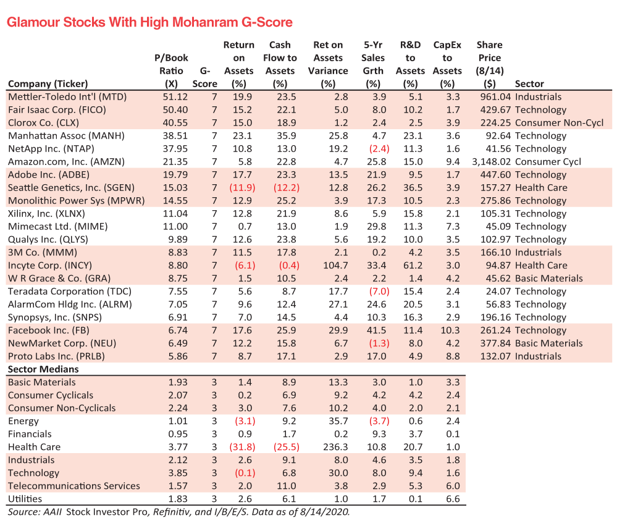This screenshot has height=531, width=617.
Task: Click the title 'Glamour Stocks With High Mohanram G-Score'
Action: click(149, 22)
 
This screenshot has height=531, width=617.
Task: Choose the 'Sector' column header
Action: click(529, 83)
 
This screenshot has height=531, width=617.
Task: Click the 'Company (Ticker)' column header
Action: click(48, 83)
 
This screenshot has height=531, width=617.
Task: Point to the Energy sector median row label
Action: click(23, 421)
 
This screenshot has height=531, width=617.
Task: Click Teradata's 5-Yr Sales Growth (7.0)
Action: click(373, 292)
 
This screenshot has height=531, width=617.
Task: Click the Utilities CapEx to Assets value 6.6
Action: click(454, 499)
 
